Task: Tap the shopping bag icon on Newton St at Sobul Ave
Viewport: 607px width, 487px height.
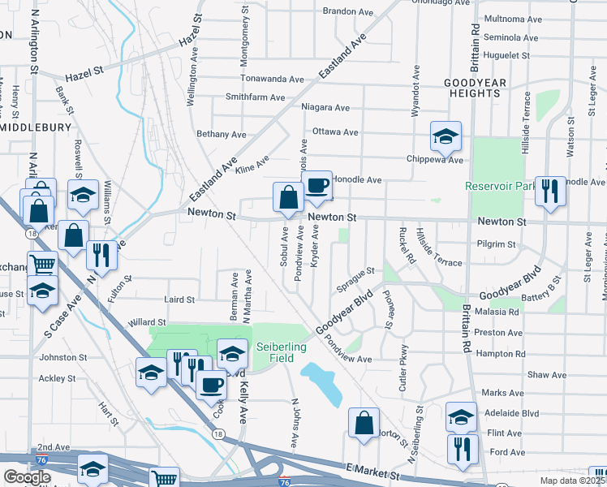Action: (288, 197)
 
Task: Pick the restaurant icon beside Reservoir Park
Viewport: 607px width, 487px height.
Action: (550, 192)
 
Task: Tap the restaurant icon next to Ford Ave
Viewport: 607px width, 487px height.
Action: (462, 449)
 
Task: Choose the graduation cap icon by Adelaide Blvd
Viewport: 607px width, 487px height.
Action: (461, 417)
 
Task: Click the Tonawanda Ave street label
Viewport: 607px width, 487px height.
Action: (273, 79)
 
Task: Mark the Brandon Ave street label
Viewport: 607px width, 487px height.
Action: (347, 11)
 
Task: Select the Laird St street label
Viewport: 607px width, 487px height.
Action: (179, 300)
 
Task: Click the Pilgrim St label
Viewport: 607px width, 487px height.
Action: (497, 243)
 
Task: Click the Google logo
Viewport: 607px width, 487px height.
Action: (27, 477)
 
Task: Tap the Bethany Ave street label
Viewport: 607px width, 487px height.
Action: (221, 134)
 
